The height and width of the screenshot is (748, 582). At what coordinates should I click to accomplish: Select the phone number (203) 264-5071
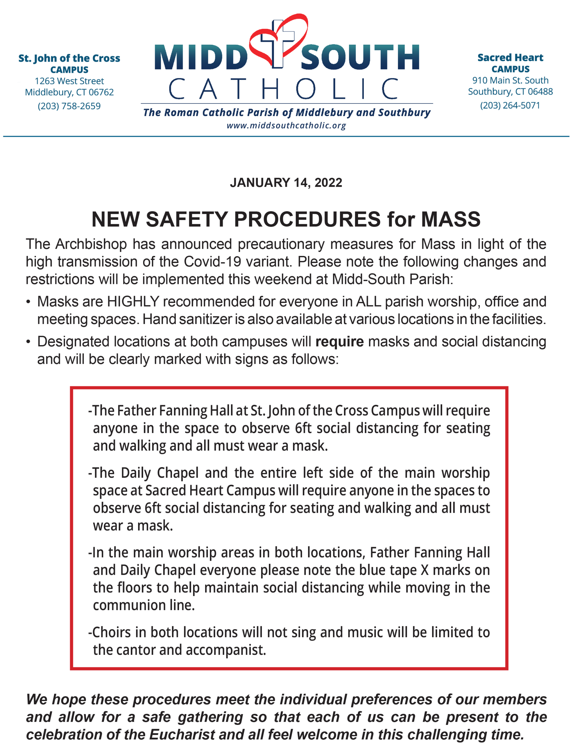[x=510, y=105]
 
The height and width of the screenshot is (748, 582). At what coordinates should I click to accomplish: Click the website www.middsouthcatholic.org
[x=286, y=126]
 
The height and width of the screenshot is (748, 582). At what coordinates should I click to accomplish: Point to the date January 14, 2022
[x=286, y=183]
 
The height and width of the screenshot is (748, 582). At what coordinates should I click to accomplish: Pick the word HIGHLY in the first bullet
[x=133, y=302]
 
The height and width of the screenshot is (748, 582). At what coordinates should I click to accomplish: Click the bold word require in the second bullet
[x=339, y=342]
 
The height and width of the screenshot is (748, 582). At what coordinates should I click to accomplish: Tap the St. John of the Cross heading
[x=69, y=58]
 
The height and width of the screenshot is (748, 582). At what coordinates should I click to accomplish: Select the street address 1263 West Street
[x=69, y=81]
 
